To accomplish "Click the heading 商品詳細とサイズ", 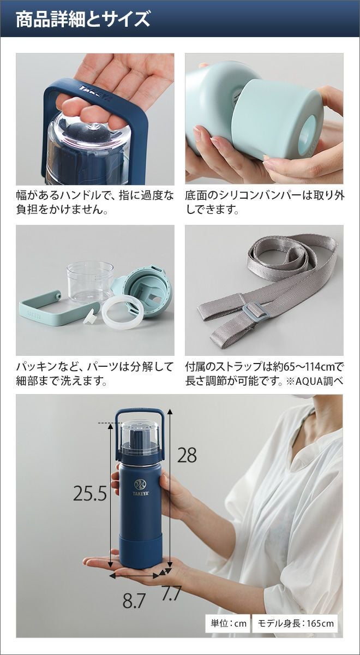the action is point(83,19).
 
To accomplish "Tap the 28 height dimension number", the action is point(187,455).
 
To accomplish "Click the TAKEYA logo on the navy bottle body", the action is point(142,487).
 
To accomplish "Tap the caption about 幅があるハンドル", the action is point(95,203).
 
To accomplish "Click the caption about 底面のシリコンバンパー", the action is point(265,203).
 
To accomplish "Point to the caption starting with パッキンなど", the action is point(95,374).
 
